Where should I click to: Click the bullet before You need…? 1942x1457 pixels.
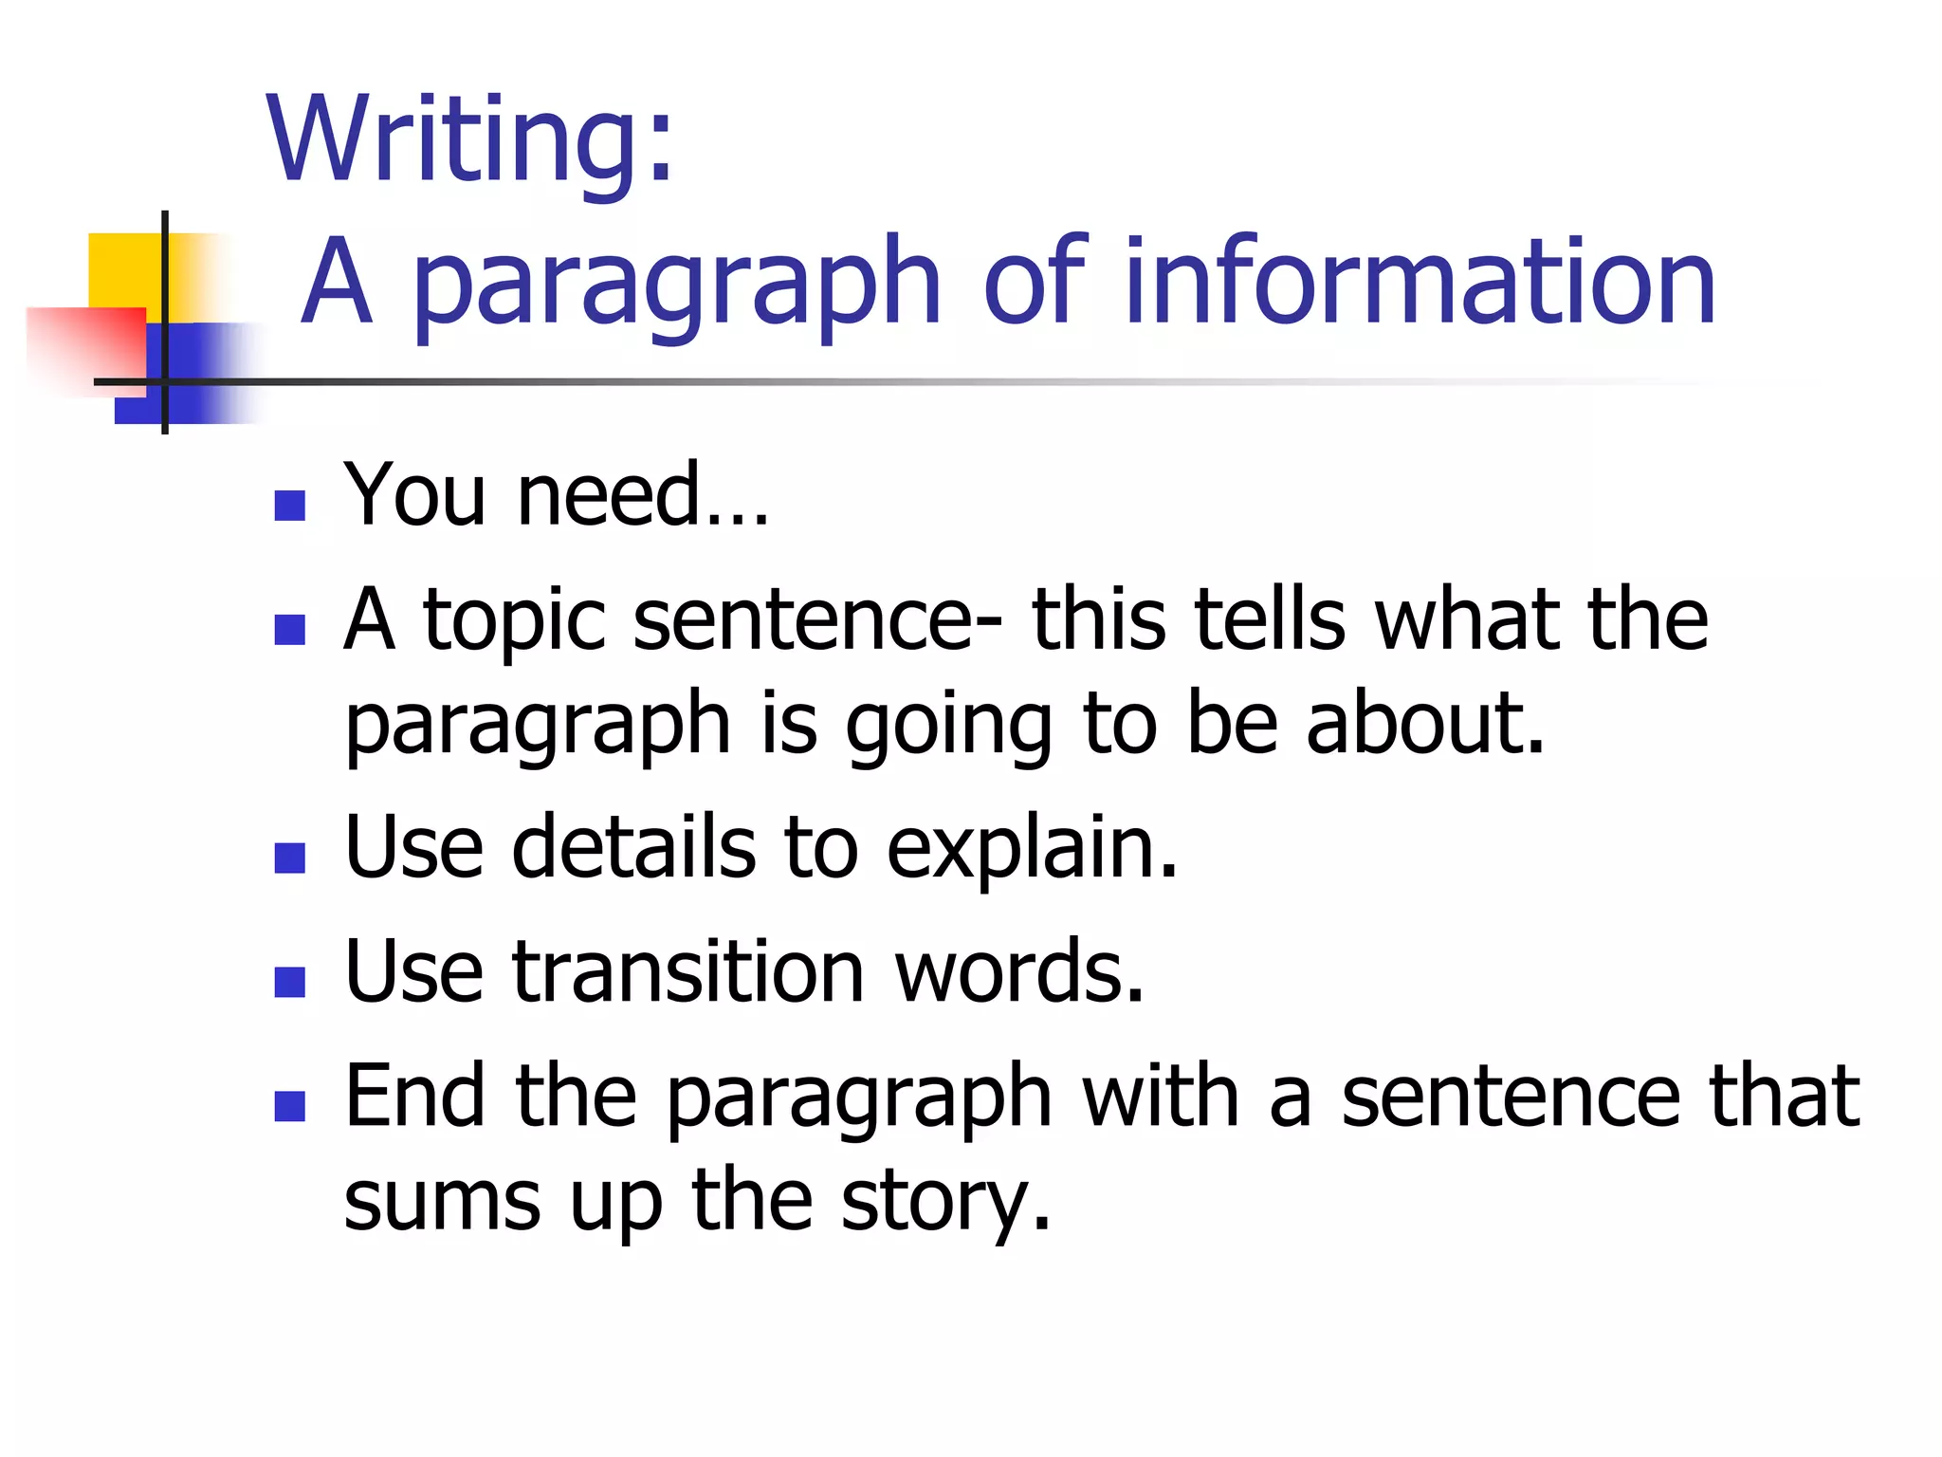coord(289,506)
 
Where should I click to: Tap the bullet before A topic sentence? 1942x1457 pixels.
coord(289,630)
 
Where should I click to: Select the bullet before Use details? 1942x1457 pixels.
coord(289,858)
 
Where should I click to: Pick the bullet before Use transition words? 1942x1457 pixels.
coord(289,982)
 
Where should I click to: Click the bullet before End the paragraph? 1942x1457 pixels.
coord(289,1106)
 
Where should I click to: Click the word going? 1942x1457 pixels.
coord(948,727)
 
